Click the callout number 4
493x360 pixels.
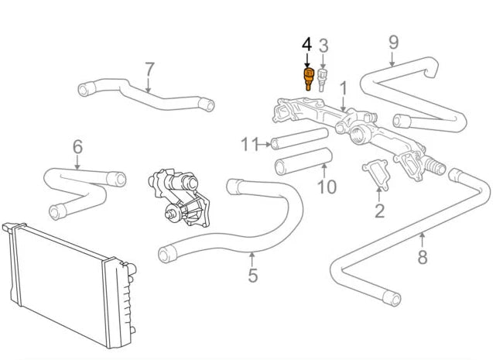pos(307,46)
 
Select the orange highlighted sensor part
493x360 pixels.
pos(308,78)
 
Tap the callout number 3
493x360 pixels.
pos(324,46)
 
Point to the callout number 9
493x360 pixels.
pos(393,42)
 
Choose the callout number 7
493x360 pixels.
pos(149,70)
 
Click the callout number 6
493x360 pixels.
pos(77,146)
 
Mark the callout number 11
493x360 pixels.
pos(248,143)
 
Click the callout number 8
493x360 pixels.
pos(422,258)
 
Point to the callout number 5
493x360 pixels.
pos(252,275)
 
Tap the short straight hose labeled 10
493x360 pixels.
pos(303,163)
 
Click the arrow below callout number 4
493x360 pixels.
pos(307,62)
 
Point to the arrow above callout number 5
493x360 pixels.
pos(252,257)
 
